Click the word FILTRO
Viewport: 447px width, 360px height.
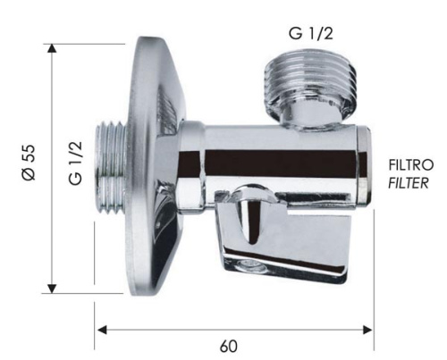tap(409, 166)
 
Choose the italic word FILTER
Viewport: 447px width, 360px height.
tap(409, 183)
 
